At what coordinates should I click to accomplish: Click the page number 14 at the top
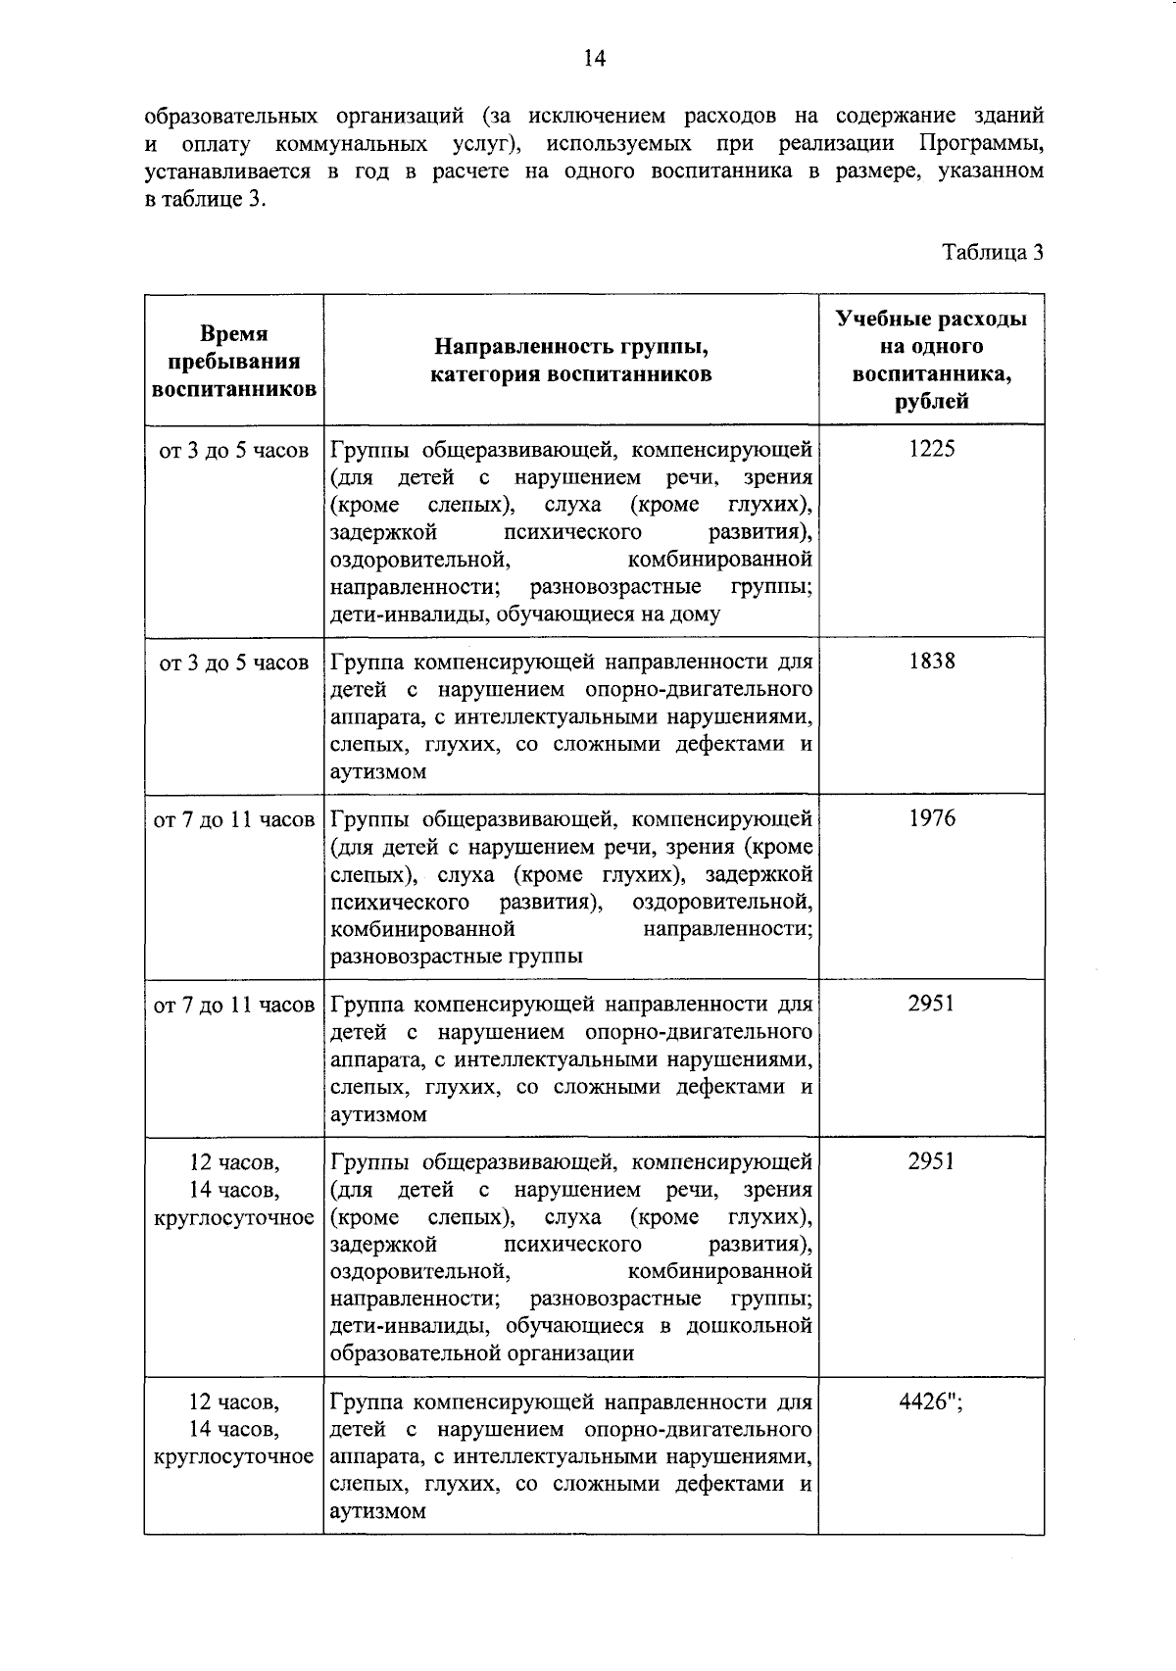click(594, 59)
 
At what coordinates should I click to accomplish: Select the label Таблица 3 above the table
click(992, 252)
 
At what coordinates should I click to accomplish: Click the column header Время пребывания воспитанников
click(233, 361)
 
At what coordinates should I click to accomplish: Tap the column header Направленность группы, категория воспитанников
click(571, 361)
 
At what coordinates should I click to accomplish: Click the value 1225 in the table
click(931, 449)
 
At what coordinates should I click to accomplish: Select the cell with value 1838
click(931, 662)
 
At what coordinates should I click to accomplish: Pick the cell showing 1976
click(931, 818)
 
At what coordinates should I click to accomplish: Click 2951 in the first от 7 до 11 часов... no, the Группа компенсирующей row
click(931, 1004)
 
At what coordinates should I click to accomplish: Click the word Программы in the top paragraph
click(980, 144)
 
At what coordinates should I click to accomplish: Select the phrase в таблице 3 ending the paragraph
click(205, 200)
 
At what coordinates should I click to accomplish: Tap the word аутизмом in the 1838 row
click(378, 772)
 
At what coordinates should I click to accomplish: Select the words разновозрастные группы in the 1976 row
click(457, 957)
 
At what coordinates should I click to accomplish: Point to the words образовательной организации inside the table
click(482, 1354)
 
